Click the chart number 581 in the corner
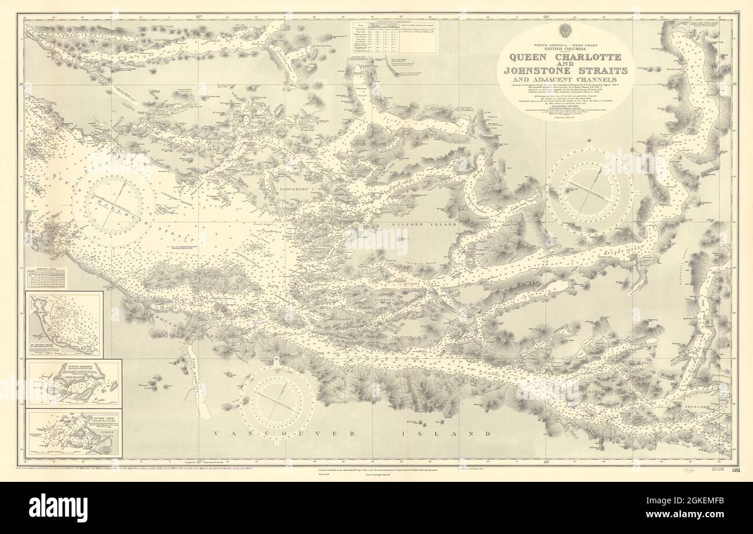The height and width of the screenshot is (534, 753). tap(734, 470)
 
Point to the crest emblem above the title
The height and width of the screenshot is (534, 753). tap(565, 31)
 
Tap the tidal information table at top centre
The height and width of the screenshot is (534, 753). tap(393, 38)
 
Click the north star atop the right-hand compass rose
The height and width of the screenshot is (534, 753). tap(589, 141)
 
